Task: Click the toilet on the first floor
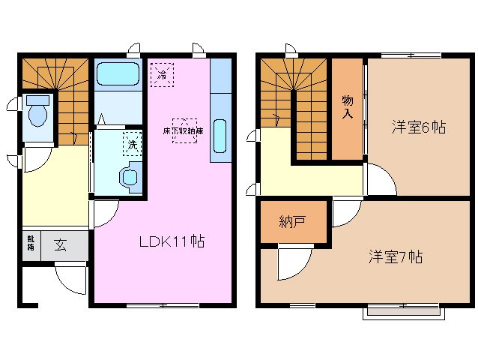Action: (x=37, y=112)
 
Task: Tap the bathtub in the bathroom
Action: (x=118, y=74)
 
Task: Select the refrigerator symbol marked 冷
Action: (x=160, y=74)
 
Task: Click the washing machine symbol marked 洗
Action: (x=132, y=144)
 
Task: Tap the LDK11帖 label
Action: (x=170, y=241)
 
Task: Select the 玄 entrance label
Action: (x=59, y=244)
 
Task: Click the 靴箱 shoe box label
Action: (x=31, y=243)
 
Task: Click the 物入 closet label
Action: (x=348, y=107)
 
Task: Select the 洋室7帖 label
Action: (x=395, y=256)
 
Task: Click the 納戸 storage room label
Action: (x=292, y=223)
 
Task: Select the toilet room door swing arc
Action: (x=34, y=157)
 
